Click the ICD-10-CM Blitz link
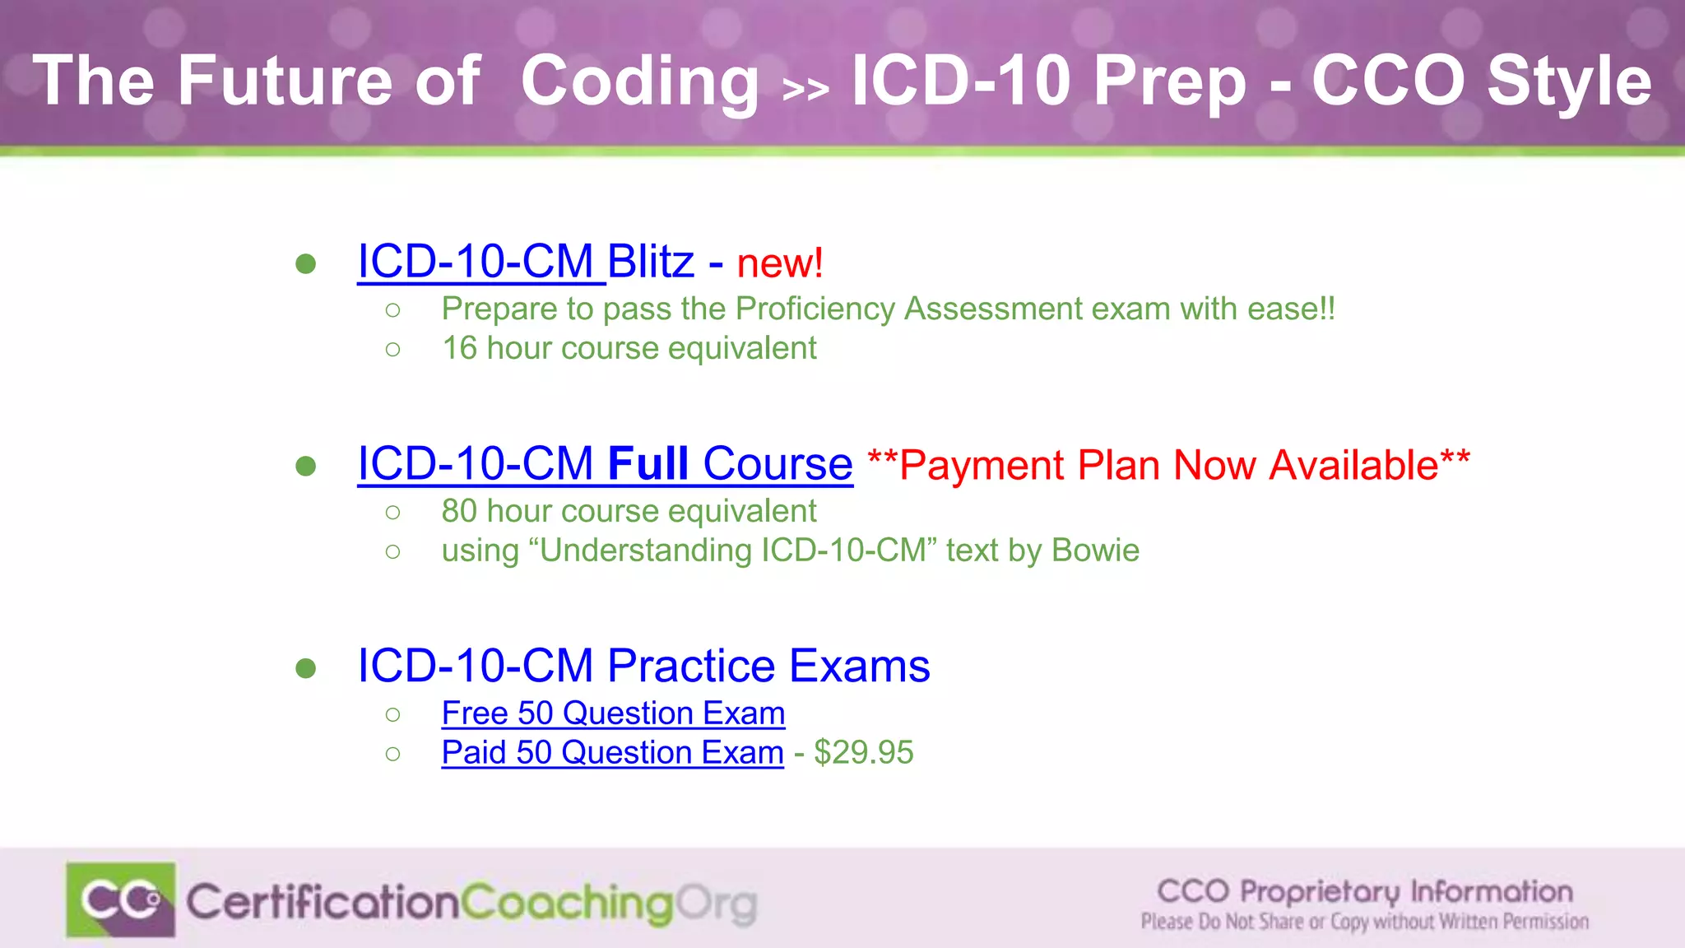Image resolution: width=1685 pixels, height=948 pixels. click(525, 262)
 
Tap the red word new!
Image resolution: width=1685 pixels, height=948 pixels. click(780, 263)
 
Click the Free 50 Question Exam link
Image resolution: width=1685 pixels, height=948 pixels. click(613, 713)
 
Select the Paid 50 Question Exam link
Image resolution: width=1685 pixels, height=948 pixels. click(612, 753)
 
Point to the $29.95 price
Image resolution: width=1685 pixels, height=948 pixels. click(863, 753)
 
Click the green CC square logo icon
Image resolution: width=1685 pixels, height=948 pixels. click(121, 899)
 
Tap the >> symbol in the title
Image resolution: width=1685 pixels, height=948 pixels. click(805, 89)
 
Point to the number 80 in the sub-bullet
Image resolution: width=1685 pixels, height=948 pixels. click(459, 511)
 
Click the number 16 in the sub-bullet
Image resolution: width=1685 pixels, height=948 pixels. click(459, 348)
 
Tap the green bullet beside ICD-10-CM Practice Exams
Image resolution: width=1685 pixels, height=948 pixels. click(306, 667)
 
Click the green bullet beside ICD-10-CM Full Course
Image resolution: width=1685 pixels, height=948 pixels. click(306, 466)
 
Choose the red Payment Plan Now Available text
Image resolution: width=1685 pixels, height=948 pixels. click(1168, 465)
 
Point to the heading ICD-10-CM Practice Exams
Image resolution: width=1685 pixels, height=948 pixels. click(643, 666)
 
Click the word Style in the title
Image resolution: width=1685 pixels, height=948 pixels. click(1569, 81)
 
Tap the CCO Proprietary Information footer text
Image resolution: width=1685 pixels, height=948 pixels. click(1364, 891)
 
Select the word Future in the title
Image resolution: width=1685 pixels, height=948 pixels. click(285, 81)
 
